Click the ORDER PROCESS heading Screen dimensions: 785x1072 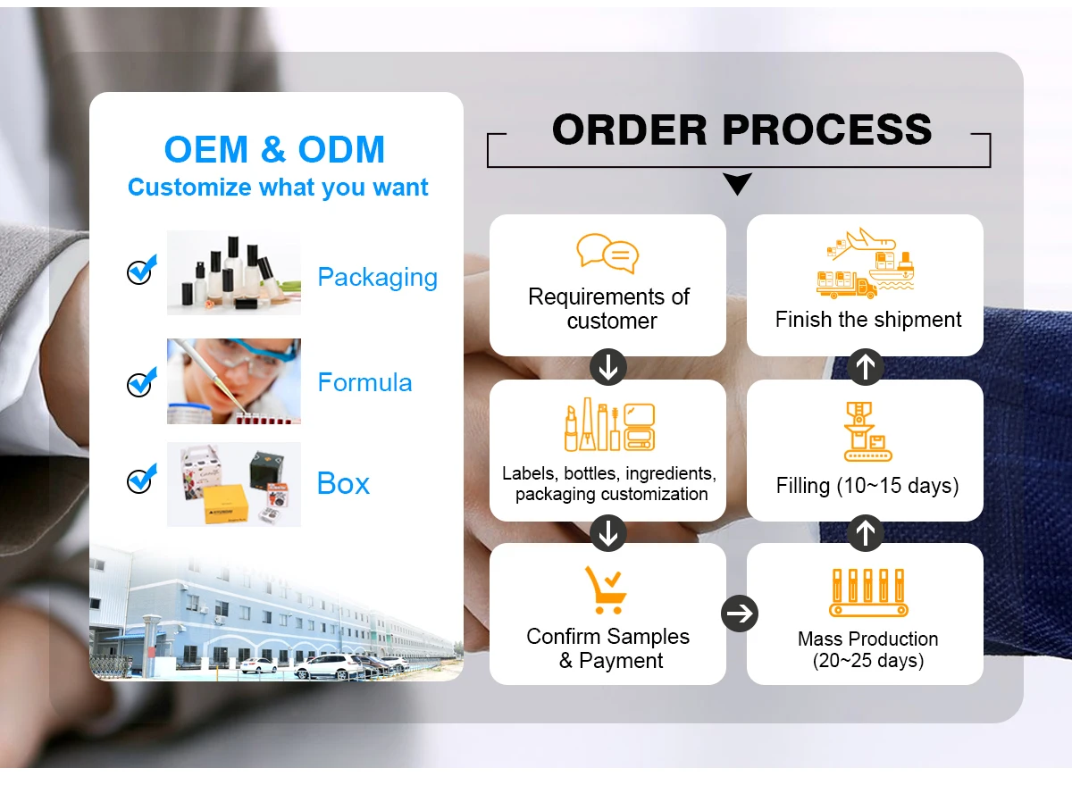click(741, 130)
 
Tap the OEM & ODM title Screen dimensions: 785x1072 click(274, 149)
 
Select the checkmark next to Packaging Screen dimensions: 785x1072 click(140, 271)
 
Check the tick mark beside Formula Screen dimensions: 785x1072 click(140, 383)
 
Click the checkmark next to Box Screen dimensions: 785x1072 click(140, 480)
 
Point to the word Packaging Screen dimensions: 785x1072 click(377, 277)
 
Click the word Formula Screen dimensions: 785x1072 click(364, 383)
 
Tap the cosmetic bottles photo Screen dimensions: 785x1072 click(234, 272)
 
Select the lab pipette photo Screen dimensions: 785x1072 click(234, 381)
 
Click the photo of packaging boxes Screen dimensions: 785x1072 click(234, 484)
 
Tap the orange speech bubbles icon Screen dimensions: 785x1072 click(607, 253)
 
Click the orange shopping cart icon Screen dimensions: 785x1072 click(605, 589)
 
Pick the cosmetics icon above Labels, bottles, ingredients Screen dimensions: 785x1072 click(609, 426)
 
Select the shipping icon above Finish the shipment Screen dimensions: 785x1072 click(867, 263)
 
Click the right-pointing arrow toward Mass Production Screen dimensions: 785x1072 click(739, 614)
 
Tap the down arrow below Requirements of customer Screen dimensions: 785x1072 click(608, 368)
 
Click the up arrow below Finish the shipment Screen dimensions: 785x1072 click(865, 367)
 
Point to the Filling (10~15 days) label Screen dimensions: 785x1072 click(867, 486)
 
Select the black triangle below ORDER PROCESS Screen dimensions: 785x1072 click(738, 185)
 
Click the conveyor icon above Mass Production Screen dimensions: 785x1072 click(867, 592)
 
